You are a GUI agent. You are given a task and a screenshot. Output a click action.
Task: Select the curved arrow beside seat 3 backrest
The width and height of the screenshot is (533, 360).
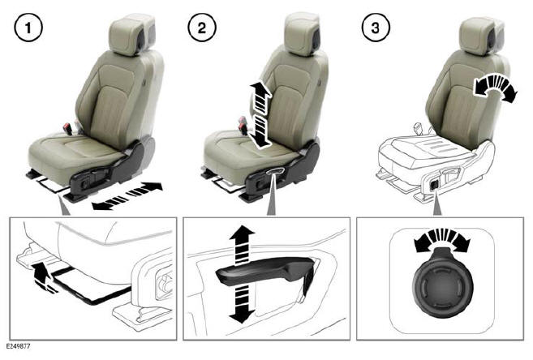pyautogui.click(x=494, y=88)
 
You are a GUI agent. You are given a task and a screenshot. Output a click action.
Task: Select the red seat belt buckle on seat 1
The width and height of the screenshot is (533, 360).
pyautogui.click(x=68, y=128)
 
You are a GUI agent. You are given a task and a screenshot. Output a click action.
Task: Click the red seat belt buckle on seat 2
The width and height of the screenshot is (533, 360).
pyautogui.click(x=241, y=123)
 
